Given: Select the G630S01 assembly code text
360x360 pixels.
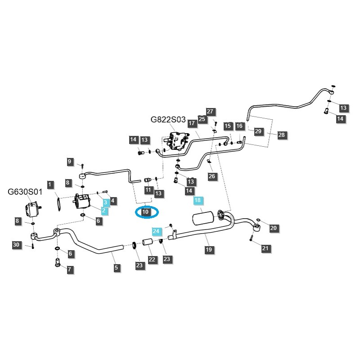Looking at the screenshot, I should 25,192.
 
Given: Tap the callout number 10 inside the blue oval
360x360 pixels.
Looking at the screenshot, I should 145,211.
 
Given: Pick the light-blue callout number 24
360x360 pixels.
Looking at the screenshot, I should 156,231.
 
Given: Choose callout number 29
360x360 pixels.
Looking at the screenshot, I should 258,131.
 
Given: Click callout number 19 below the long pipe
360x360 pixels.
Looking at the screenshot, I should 208,249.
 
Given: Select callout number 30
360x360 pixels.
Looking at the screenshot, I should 16,245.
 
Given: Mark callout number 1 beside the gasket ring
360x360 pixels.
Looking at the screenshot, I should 50,184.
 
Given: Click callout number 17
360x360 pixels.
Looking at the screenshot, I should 191,123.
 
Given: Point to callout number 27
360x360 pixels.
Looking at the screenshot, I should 210,112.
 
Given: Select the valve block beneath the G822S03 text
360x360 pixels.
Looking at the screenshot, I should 177,141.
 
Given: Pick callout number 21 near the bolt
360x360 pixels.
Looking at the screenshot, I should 265,248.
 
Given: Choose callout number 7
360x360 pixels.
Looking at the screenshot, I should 70,270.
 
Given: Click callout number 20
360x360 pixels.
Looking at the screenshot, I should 274,229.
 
